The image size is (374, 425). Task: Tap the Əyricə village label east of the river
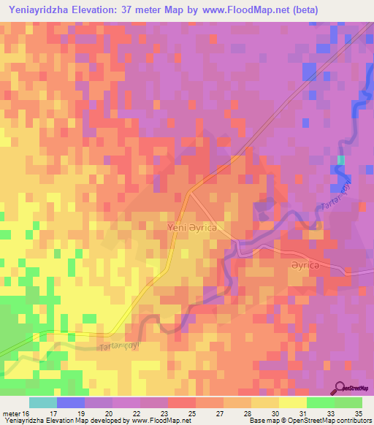[303, 267]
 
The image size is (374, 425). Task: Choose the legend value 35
[359, 414]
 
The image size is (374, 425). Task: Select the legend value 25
[191, 414]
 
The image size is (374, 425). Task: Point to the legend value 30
[275, 414]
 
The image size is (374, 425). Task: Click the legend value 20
[107, 414]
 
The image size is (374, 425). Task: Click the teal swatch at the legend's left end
[43, 402]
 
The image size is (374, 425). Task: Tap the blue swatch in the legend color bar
[71, 402]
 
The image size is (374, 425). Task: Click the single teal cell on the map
[340, 160]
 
